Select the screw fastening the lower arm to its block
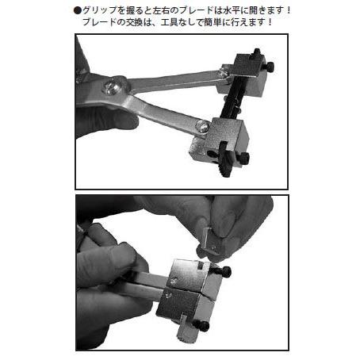204,124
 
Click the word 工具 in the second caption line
187,22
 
